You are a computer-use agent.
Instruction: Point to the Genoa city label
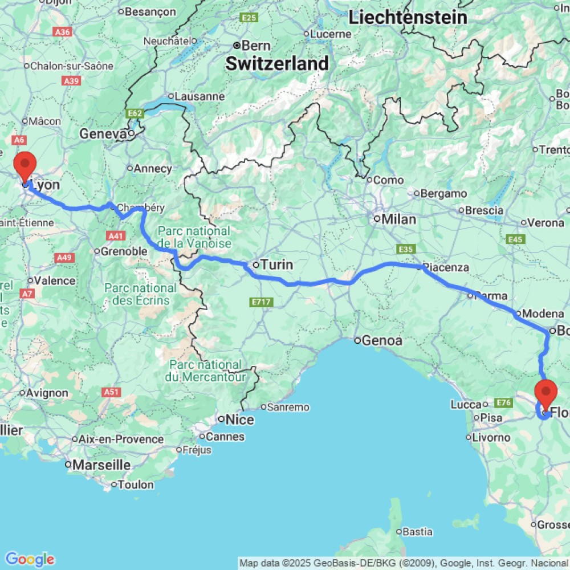[386, 341]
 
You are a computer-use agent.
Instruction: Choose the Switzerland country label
[277, 64]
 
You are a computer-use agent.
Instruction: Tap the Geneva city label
[103, 134]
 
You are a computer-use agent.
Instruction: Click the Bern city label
[256, 46]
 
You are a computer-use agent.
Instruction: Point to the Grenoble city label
[124, 251]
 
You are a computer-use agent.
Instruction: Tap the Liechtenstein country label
[408, 17]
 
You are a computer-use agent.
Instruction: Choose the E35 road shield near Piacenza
[406, 249]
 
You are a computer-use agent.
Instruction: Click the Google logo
[30, 559]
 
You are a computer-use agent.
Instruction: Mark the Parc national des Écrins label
[140, 294]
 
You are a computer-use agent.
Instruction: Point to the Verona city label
[545, 223]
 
